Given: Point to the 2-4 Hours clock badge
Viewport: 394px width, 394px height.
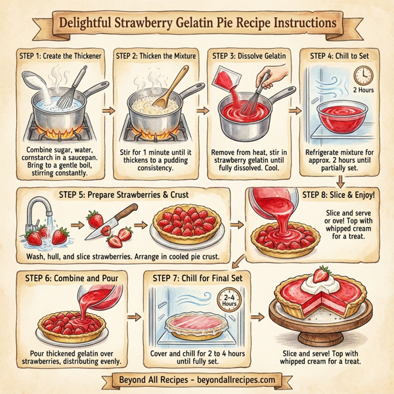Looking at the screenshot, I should (229, 301).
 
